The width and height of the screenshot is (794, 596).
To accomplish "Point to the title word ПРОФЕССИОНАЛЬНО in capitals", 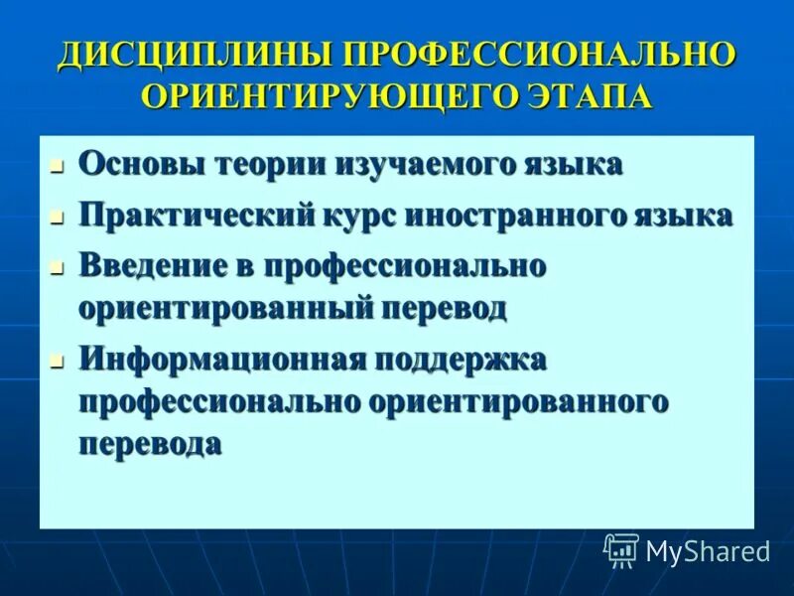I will (x=541, y=57).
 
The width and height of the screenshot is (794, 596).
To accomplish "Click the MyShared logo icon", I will (x=621, y=549).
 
